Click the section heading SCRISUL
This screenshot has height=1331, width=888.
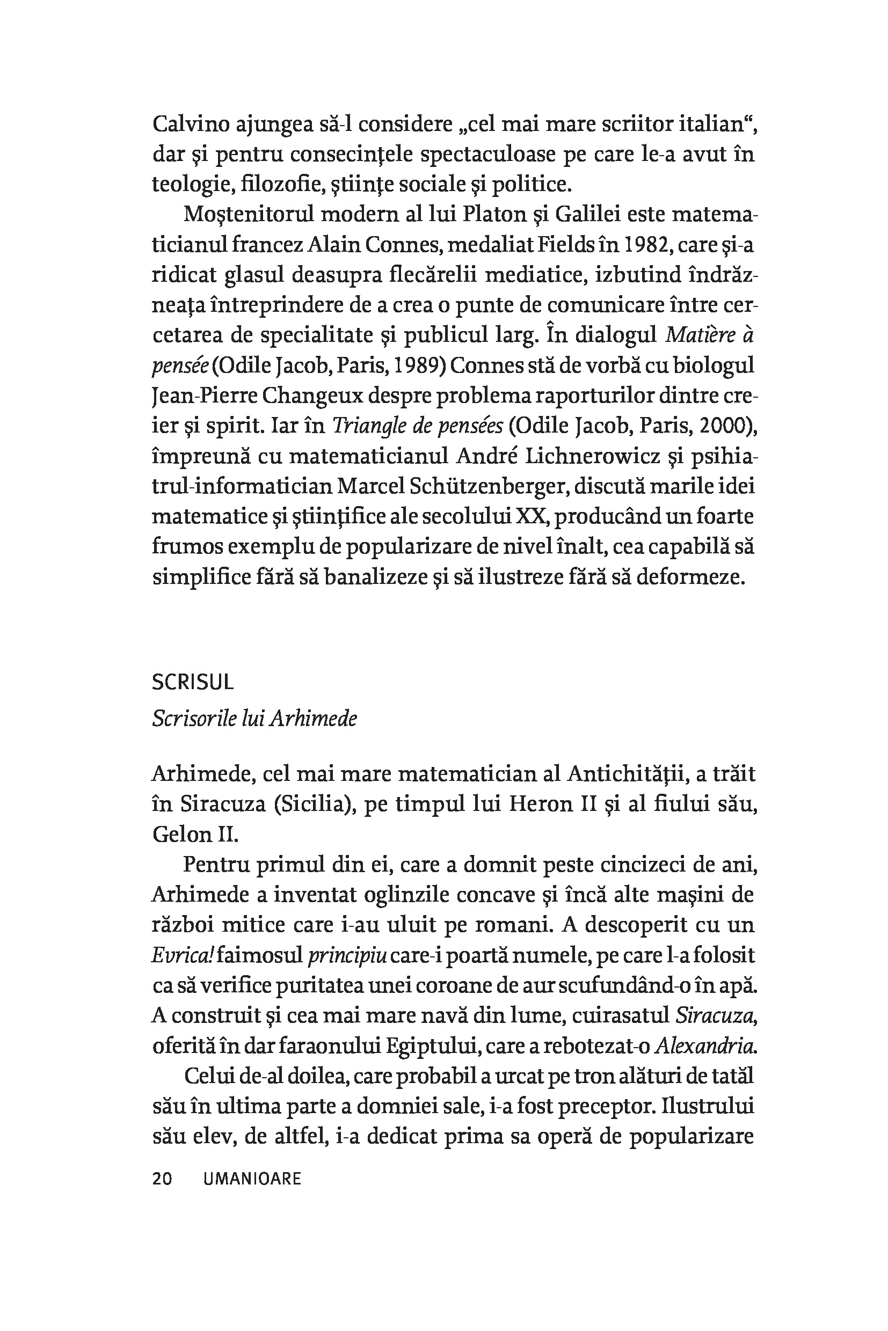click(x=193, y=683)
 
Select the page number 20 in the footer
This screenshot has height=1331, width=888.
click(x=162, y=1179)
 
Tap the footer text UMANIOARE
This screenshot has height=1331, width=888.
click(x=251, y=1179)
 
